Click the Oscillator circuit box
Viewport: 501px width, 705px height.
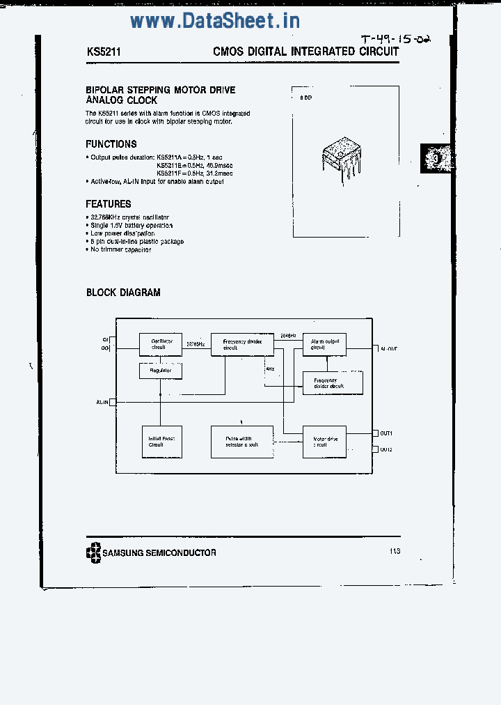(161, 343)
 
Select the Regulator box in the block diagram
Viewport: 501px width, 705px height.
(161, 371)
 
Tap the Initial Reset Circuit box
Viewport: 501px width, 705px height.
(161, 442)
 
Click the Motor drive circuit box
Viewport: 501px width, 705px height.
(324, 442)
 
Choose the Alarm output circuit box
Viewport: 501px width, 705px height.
(324, 343)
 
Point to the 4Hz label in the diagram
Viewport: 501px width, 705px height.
(270, 369)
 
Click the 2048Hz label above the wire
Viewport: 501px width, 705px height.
(288, 336)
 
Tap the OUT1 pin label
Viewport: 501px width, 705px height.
(386, 433)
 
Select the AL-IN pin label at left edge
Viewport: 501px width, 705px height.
(102, 402)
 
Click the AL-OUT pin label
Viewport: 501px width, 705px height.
(389, 348)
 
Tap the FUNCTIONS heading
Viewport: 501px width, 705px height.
(111, 144)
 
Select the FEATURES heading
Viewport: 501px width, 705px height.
(109, 204)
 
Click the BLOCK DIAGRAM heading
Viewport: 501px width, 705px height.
(123, 293)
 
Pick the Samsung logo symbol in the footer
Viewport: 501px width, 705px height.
(93, 552)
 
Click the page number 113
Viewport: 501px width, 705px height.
(395, 551)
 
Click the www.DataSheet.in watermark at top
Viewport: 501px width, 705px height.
(215, 21)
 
